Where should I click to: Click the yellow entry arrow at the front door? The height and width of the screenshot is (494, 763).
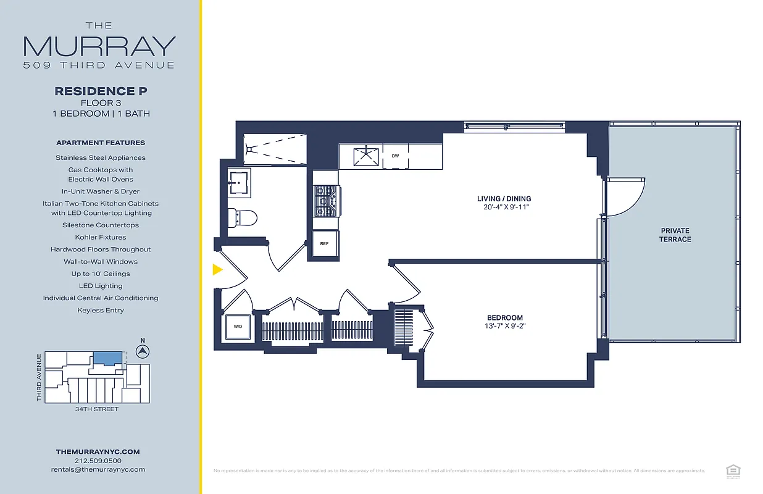click(217, 269)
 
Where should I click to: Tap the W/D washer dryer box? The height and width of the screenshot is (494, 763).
click(238, 326)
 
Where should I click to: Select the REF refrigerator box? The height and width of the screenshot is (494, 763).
click(324, 243)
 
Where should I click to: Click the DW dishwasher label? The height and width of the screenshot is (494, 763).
click(395, 156)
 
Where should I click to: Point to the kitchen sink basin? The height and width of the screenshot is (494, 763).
click(368, 156)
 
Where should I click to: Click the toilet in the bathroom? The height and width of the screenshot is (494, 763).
click(241, 217)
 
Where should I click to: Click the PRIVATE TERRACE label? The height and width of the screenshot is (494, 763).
click(675, 235)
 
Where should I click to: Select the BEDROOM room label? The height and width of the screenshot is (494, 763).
click(504, 318)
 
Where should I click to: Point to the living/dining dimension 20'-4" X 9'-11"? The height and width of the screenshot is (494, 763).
click(504, 207)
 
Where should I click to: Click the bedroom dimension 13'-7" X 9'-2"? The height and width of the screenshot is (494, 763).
click(504, 327)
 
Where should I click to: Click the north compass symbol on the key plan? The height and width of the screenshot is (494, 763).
click(143, 351)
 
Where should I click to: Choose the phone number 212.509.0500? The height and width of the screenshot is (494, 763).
click(98, 461)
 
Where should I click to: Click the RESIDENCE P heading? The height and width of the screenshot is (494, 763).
click(101, 91)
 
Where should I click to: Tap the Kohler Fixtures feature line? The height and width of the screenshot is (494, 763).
click(101, 237)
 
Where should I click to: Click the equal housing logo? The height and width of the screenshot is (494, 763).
click(733, 471)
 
